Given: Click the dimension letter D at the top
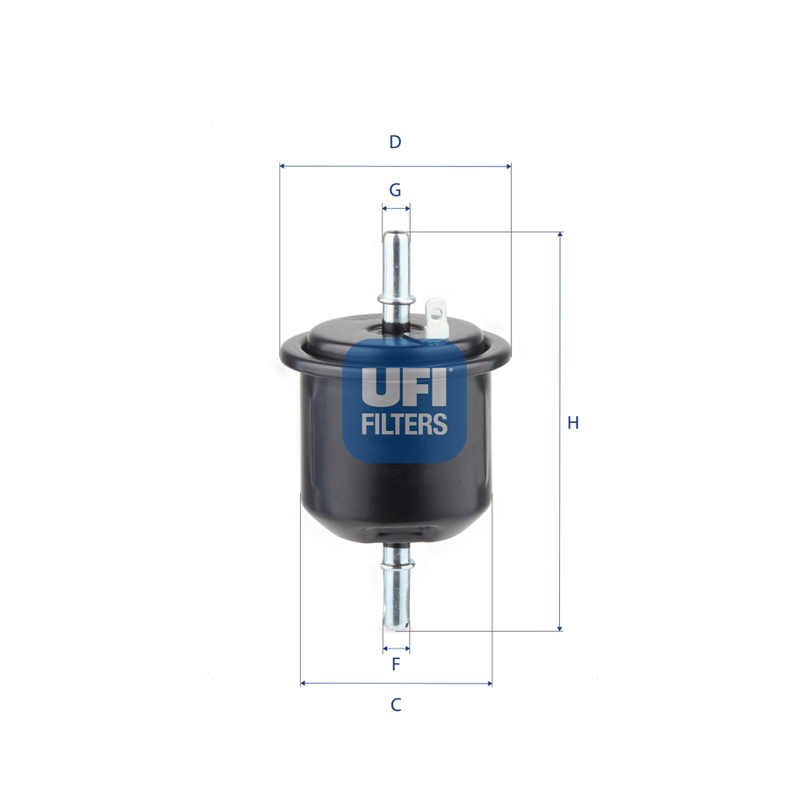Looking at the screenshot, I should coord(395,142).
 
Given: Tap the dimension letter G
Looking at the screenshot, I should coord(395,190).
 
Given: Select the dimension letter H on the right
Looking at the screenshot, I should coord(572,423).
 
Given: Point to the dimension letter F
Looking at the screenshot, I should coord(396,664).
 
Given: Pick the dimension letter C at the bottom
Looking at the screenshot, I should coord(396,705).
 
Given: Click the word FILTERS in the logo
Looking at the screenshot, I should coord(404,425).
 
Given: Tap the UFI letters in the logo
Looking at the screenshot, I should coord(404,386).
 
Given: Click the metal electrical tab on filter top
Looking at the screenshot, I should coord(435,314).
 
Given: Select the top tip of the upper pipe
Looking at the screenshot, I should coord(396,234).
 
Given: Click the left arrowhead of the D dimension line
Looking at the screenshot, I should coord(283,165).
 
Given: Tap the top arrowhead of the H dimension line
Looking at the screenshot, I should coord(559,236).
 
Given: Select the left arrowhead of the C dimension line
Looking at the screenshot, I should coord(304,683).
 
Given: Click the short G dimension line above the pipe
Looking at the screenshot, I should coord(396,208).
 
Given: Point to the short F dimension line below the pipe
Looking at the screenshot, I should coord(396,649).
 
